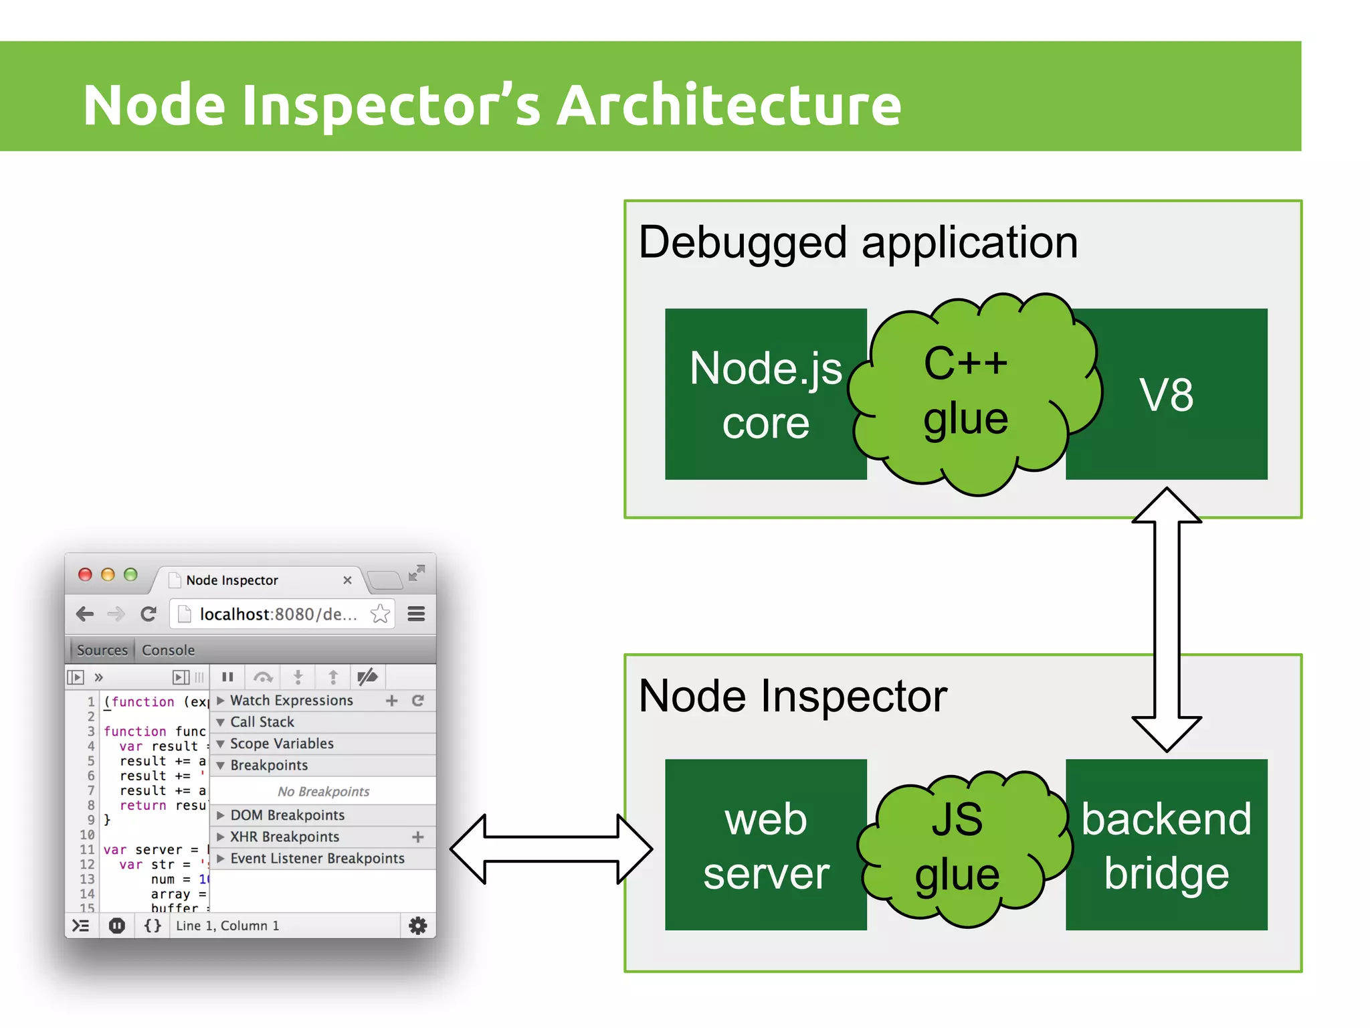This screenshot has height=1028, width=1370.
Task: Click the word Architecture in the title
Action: (x=729, y=105)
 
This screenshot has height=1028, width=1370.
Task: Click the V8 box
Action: (x=1167, y=395)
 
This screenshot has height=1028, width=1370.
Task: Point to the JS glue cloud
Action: (x=958, y=847)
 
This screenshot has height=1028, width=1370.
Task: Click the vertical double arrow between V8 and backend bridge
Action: (x=1167, y=619)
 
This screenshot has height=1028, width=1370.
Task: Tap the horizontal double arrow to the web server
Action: (x=550, y=849)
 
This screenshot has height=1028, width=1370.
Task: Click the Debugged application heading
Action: (x=858, y=242)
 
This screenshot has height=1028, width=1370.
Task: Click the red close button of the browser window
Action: (x=85, y=574)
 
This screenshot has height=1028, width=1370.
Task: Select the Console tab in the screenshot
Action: (x=168, y=650)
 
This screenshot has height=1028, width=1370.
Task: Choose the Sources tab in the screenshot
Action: (x=102, y=650)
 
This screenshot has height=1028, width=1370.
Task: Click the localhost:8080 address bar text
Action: (x=278, y=614)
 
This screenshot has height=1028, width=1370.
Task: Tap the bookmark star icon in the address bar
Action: (x=380, y=614)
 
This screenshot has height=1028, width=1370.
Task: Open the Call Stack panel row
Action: (x=262, y=721)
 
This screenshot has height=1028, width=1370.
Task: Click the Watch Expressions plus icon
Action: (x=392, y=700)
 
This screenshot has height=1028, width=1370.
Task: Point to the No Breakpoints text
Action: (x=323, y=791)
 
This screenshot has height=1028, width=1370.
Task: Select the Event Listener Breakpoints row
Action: (x=317, y=858)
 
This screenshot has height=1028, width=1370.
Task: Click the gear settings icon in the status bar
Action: (x=417, y=926)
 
